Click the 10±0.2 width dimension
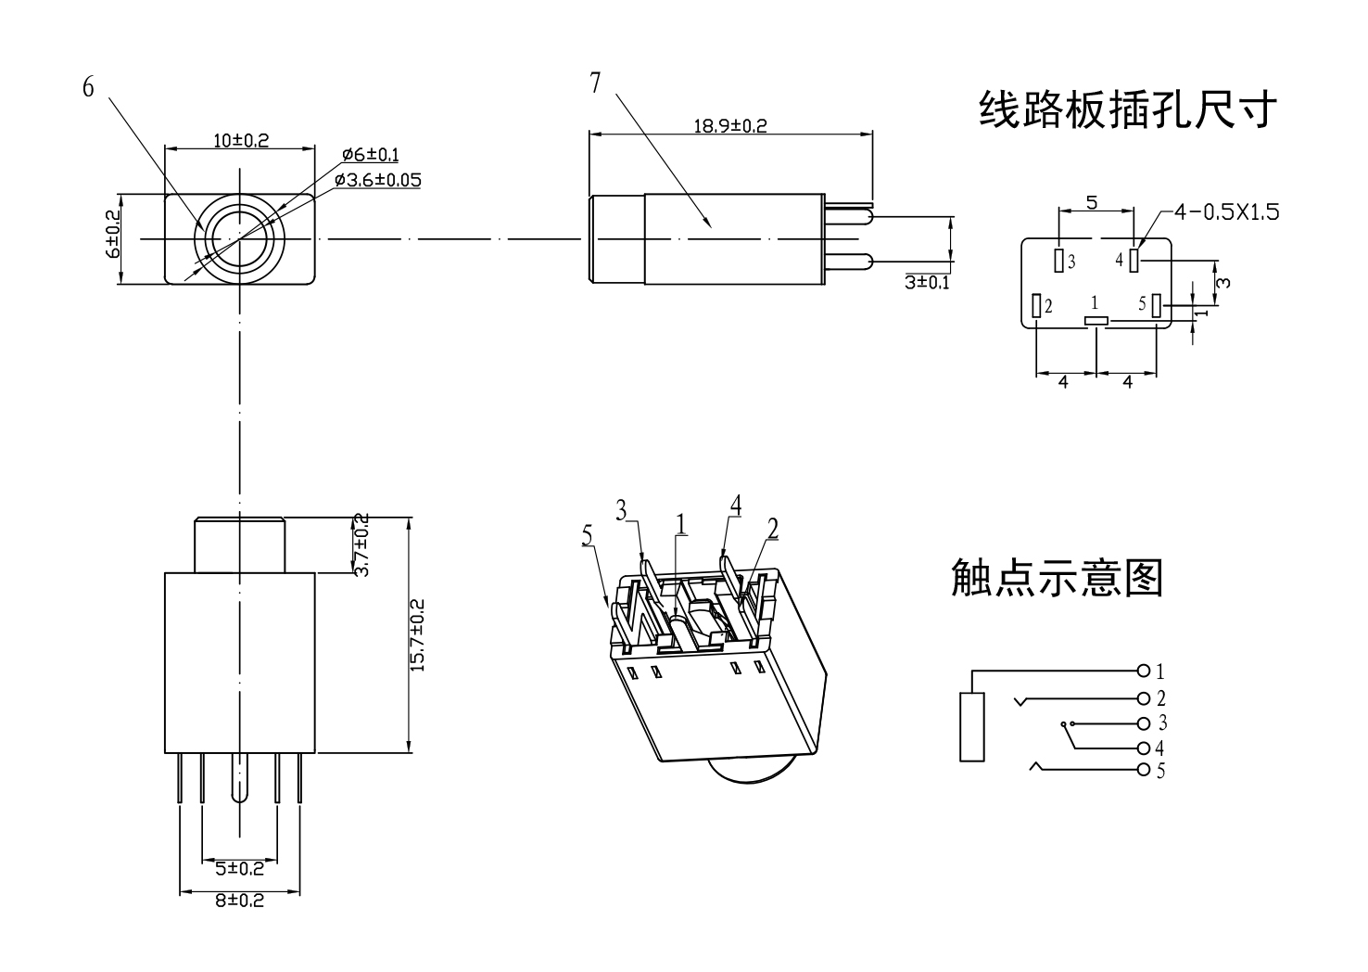click(240, 140)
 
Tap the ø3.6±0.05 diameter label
click(377, 179)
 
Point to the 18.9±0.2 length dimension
click(730, 125)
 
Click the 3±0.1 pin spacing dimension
click(927, 282)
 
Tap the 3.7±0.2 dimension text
click(362, 544)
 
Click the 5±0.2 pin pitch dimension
click(239, 868)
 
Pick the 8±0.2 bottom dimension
click(239, 900)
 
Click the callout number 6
click(88, 87)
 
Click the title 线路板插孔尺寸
click(1128, 109)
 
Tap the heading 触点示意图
click(1057, 577)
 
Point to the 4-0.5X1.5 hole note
click(1225, 212)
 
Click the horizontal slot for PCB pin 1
click(1096, 321)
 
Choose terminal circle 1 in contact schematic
click(1143, 671)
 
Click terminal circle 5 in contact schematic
click(1143, 770)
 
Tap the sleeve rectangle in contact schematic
click(971, 727)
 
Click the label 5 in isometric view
click(587, 535)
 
